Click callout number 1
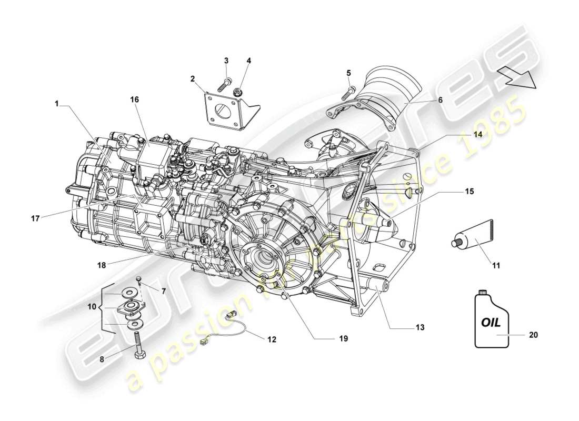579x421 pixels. click(x=56, y=104)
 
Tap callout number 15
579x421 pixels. click(x=469, y=192)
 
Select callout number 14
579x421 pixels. click(x=477, y=134)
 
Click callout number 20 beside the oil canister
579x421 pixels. click(x=533, y=334)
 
